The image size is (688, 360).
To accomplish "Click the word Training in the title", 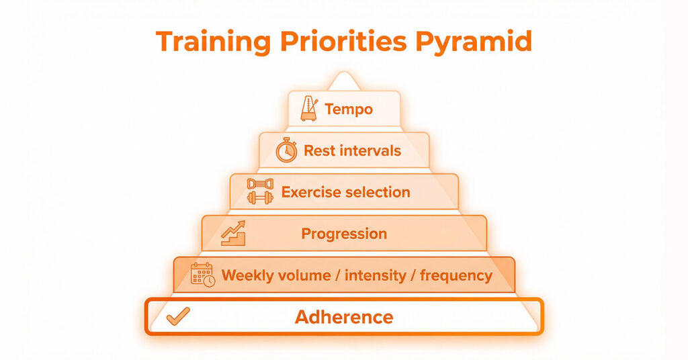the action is [x=214, y=42].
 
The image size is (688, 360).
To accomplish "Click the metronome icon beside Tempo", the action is [x=309, y=109].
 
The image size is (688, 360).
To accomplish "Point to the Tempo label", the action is [x=349, y=109].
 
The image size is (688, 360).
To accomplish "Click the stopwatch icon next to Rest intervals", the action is [x=286, y=150].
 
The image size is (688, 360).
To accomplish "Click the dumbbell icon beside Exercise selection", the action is [x=260, y=191].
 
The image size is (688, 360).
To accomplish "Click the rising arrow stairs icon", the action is [x=233, y=233].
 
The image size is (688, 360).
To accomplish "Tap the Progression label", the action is [x=344, y=234].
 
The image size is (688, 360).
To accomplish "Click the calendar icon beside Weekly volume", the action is [x=203, y=275].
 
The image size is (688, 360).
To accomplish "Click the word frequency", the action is [x=456, y=275].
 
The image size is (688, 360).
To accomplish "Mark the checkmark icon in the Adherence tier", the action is [x=178, y=316].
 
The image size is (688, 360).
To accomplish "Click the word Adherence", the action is [x=344, y=317].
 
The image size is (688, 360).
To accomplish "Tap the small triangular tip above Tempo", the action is [x=345, y=81].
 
